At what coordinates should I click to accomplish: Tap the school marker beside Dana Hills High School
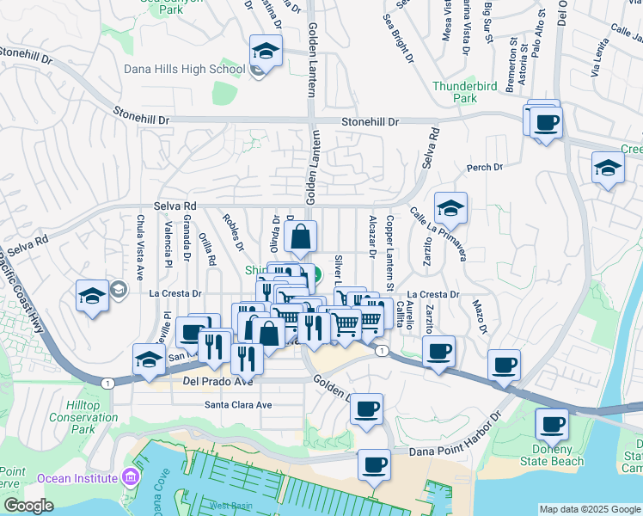266,52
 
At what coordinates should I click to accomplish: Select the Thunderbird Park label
466,92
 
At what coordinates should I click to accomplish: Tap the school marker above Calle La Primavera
450,209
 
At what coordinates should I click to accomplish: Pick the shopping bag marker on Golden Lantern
301,238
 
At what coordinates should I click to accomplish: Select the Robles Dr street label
233,234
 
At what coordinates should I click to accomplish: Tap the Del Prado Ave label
214,380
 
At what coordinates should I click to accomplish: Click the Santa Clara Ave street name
238,404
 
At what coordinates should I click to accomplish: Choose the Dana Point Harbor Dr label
446,436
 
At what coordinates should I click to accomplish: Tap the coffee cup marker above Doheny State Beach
551,424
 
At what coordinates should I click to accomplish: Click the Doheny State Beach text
553,456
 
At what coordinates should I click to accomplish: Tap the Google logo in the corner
28,506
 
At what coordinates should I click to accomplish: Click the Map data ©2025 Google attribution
589,509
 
